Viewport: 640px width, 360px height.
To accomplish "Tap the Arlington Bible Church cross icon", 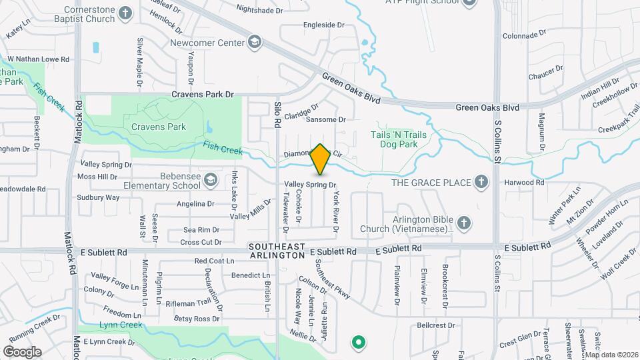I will [464, 222].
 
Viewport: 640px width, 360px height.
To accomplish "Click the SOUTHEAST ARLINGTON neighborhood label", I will [277, 251].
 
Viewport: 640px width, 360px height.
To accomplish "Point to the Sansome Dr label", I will [325, 120].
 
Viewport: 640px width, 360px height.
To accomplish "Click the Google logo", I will [22, 351].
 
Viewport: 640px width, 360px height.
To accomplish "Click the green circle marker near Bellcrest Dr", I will [359, 343].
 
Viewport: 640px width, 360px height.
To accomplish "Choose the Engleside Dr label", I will [323, 25].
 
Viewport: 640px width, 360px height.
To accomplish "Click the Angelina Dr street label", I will [195, 204].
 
